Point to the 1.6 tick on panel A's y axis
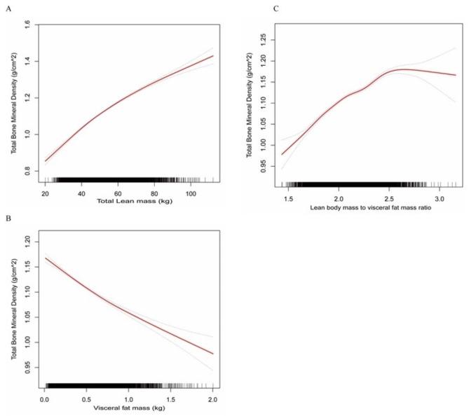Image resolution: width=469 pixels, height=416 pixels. [x=25, y=25]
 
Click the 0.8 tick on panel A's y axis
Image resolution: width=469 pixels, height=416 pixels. [x=25, y=170]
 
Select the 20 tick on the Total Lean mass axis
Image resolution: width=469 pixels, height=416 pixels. [x=46, y=193]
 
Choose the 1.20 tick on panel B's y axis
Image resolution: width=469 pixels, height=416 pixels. [x=25, y=240]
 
